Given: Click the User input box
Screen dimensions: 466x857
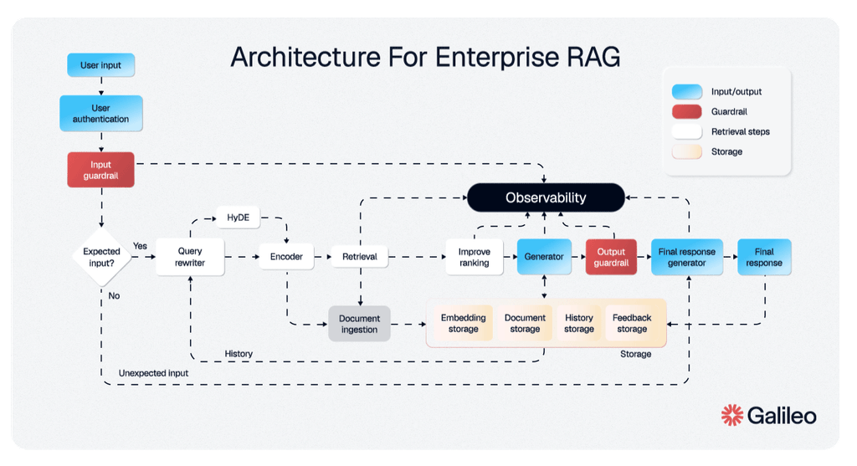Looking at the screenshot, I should [100, 65].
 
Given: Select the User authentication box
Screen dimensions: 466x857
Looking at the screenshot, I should [100, 114].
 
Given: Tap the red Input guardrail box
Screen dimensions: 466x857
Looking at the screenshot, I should [100, 169].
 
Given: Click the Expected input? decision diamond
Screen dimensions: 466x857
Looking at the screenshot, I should [101, 257].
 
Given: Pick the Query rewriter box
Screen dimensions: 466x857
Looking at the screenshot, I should [191, 257].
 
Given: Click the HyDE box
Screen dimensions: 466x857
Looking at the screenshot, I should [239, 219].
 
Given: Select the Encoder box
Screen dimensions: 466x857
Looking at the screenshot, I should [286, 257].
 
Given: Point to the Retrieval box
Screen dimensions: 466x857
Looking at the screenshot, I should [360, 257].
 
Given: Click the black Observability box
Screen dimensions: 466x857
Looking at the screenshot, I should [546, 198].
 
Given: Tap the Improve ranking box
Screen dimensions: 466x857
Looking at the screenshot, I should [474, 257].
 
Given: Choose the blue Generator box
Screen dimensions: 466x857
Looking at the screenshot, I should [544, 257].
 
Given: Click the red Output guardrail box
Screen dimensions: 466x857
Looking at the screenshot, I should [611, 257].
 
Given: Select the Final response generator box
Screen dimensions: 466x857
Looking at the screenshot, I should [686, 257].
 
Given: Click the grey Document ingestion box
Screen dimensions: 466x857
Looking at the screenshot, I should [359, 324].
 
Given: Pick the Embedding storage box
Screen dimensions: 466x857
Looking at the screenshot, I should [463, 324].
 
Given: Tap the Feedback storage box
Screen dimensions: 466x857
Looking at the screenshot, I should [632, 324].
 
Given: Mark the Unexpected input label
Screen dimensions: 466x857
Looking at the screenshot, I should [153, 373].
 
